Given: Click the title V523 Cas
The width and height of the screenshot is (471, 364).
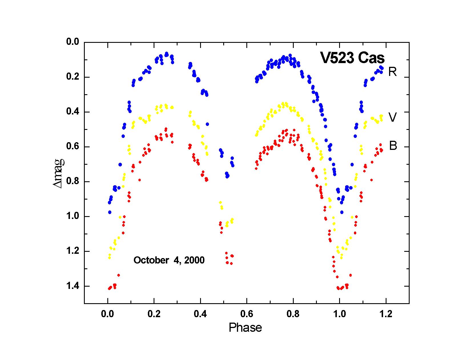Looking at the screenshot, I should pos(352,58).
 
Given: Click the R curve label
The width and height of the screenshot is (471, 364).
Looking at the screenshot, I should pos(392,72).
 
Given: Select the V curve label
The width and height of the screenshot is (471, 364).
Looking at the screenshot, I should pos(392,117).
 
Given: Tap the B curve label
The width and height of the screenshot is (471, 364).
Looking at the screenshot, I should pos(393,146).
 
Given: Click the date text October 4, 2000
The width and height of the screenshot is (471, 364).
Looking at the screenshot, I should pos(169,260).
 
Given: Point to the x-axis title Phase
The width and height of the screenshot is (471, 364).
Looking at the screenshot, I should pos(245,328).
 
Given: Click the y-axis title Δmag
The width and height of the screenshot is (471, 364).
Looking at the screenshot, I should pos(58,173).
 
